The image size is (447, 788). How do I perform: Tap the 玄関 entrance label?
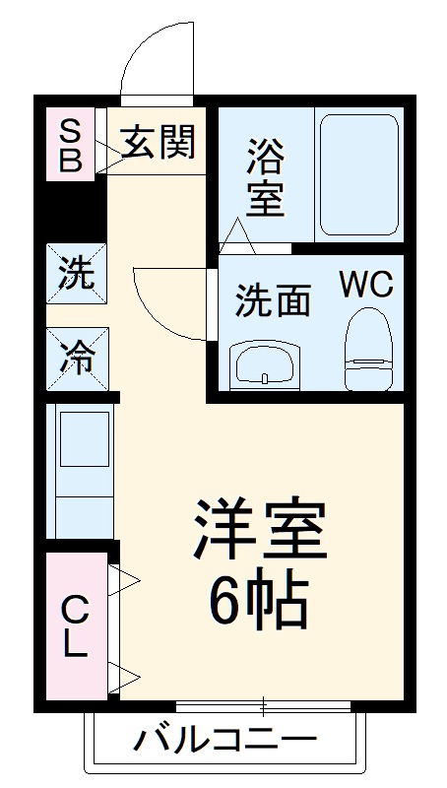pos(158,144)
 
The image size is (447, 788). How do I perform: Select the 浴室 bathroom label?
pos(265,177)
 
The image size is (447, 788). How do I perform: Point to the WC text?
pos(366,286)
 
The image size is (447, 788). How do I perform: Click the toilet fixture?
pos(370,349)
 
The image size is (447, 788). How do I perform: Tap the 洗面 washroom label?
pos(272,300)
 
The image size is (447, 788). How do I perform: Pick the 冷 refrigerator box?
pos(75,357)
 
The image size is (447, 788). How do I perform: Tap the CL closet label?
pos(75,626)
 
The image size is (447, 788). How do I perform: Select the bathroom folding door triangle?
pos(237,233)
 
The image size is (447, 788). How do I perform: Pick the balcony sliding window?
pos(264,706)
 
